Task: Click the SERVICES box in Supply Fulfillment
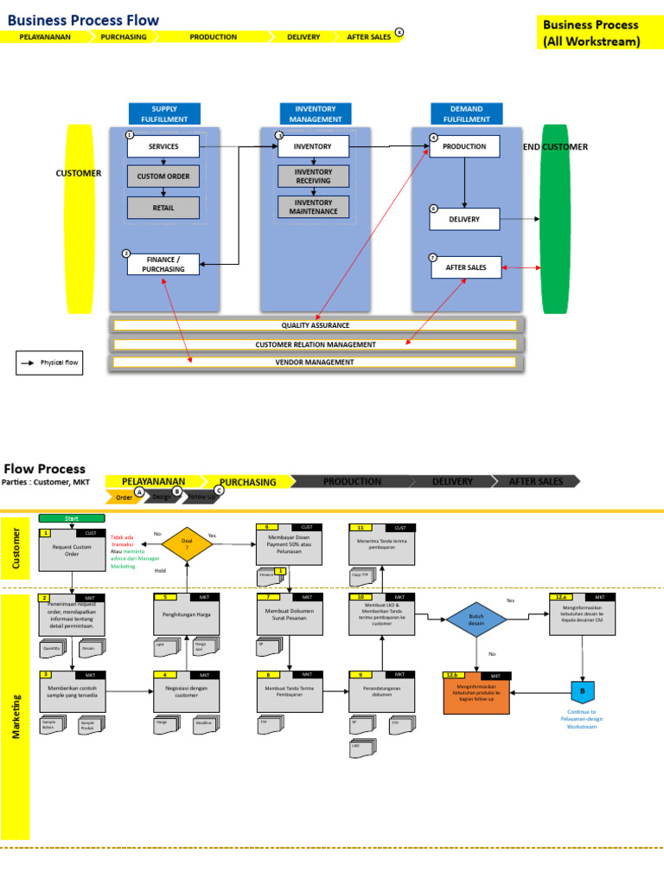[163, 146]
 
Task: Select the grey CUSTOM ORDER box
[163, 177]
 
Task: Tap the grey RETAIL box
[163, 208]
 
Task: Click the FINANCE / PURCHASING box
[163, 264]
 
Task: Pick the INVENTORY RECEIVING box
[313, 177]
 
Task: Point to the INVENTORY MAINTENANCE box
[313, 207]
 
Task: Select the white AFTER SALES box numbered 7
[466, 267]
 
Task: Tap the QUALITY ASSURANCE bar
[316, 325]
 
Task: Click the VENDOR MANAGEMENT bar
[316, 363]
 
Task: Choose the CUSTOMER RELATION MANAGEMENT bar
[316, 344]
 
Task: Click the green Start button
[72, 517]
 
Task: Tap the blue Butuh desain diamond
[476, 620]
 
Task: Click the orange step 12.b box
[477, 696]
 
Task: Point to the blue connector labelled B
[582, 691]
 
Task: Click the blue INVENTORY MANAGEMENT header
[315, 113]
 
